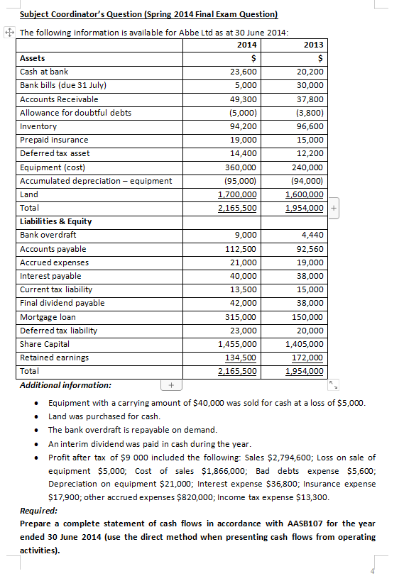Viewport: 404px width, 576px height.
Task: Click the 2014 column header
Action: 246,45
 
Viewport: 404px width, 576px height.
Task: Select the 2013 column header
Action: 313,45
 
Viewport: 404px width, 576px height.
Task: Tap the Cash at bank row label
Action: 44,72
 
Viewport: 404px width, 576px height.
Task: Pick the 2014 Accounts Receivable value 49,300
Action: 244,99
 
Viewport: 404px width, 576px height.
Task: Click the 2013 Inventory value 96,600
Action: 310,126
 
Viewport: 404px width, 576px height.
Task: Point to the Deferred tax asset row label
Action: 55,153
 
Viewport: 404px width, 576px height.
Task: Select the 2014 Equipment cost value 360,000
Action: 241,167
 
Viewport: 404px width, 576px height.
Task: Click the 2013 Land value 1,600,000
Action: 304,194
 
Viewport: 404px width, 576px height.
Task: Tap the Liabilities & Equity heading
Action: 55,221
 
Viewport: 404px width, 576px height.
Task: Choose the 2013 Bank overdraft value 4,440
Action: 312,235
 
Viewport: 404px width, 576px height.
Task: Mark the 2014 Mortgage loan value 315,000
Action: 241,316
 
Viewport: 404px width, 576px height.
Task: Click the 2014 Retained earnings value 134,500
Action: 241,358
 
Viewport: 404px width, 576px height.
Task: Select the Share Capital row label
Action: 45,344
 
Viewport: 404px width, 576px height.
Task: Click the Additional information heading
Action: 65,385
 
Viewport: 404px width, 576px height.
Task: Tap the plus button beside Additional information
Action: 170,385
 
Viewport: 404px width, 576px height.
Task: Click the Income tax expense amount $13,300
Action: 312,496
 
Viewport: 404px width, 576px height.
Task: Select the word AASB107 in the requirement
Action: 244,524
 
